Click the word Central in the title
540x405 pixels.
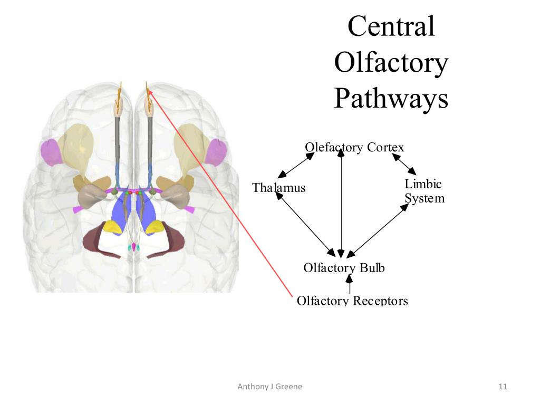coord(391,26)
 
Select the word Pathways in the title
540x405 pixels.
coord(391,98)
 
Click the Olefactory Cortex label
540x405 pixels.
coord(354,147)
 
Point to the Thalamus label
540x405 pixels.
coord(278,188)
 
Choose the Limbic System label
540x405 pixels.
coord(424,191)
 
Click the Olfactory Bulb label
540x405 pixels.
coord(344,268)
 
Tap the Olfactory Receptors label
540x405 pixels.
coord(352,301)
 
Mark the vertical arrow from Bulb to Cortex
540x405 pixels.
coord(342,203)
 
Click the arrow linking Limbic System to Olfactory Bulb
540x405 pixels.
coord(378,231)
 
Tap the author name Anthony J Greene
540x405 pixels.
coord(270,387)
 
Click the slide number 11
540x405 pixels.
coord(503,387)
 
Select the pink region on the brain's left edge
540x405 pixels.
coord(51,152)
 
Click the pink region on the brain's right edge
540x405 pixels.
coord(216,153)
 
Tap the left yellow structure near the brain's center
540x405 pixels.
coord(112,227)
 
